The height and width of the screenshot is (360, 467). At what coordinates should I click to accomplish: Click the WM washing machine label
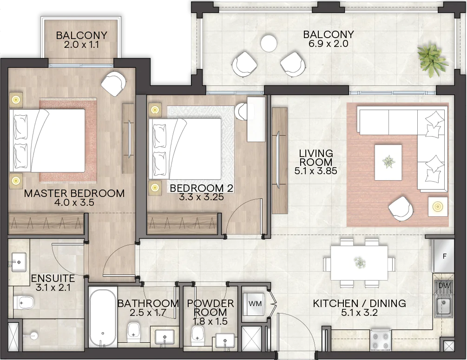(255, 303)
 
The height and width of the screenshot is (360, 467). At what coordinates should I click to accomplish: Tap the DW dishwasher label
(444, 286)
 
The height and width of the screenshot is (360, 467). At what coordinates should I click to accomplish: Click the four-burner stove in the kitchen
(380, 340)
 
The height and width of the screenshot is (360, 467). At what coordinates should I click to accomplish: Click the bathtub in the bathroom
(102, 317)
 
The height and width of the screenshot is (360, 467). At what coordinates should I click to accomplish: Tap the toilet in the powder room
(197, 333)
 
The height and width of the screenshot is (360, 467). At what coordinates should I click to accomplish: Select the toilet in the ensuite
(23, 302)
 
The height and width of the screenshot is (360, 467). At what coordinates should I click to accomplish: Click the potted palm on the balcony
(433, 61)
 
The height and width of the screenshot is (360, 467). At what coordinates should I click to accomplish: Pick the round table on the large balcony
(269, 43)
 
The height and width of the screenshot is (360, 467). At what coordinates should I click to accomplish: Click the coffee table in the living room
(388, 162)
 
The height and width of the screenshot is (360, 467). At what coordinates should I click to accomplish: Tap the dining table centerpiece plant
(360, 262)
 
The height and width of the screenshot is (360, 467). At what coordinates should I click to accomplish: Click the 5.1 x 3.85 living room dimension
(316, 171)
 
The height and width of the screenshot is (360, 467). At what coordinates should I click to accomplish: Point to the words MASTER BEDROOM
(74, 193)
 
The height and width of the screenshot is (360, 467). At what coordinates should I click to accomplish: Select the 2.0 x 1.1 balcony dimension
(81, 45)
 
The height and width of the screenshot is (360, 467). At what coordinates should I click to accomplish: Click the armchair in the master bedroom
(113, 84)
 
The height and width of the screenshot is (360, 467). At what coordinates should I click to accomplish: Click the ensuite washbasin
(19, 262)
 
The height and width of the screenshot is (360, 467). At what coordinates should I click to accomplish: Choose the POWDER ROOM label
(210, 308)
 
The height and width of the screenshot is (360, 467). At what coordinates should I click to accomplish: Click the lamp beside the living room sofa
(438, 207)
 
